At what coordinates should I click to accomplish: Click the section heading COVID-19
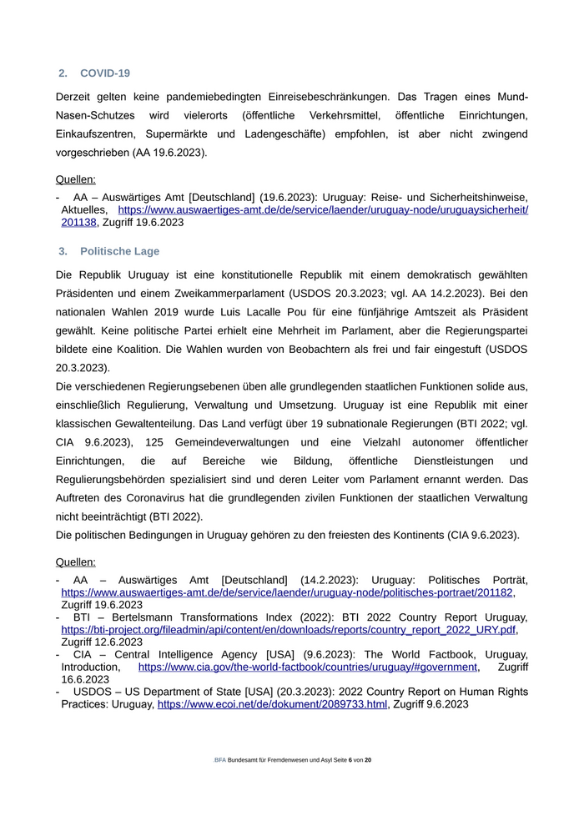coord(104,73)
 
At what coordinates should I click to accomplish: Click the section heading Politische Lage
coord(119,251)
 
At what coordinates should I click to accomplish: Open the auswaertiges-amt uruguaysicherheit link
coord(323,210)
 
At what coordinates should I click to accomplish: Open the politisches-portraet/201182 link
coord(287,592)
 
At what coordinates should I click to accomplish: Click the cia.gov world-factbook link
coord(308,667)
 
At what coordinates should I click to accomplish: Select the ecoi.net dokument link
coord(272,704)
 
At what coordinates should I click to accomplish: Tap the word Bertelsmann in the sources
coord(138,617)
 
